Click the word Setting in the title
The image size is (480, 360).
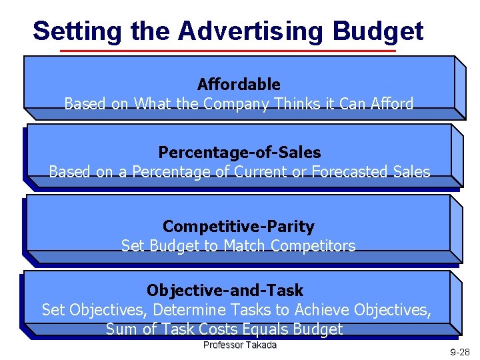click(77, 31)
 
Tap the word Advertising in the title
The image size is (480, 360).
click(250, 31)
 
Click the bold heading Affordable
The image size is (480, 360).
click(239, 85)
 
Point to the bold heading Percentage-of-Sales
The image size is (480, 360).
click(239, 153)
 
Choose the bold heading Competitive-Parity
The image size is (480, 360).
click(238, 227)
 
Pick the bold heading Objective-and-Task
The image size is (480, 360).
click(225, 291)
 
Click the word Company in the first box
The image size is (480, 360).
click(234, 104)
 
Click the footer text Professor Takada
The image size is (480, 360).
click(239, 345)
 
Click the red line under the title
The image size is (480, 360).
click(227, 51)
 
